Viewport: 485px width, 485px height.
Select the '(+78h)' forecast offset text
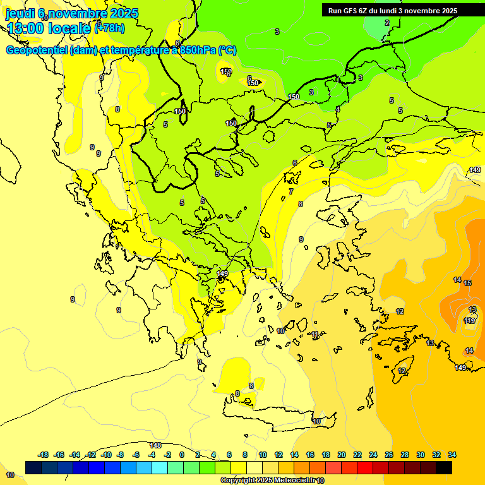[109, 28]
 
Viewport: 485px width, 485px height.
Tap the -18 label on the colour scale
[43, 455]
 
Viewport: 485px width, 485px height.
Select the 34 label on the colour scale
[452, 455]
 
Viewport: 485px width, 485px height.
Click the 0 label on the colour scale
[182, 455]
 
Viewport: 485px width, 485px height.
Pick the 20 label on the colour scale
[341, 455]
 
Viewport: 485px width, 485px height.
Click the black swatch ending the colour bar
[444, 467]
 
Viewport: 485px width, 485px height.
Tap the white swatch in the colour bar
[254, 467]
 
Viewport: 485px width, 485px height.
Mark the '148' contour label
[155, 445]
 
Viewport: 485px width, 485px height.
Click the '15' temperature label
[467, 283]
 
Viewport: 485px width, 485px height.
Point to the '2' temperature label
[387, 23]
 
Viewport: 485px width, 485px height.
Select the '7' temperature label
[290, 191]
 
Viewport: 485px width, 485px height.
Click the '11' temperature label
[315, 334]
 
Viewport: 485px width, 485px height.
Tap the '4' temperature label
[337, 109]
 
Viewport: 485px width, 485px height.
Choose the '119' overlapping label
[469, 321]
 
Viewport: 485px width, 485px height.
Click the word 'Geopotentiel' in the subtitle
[37, 51]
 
